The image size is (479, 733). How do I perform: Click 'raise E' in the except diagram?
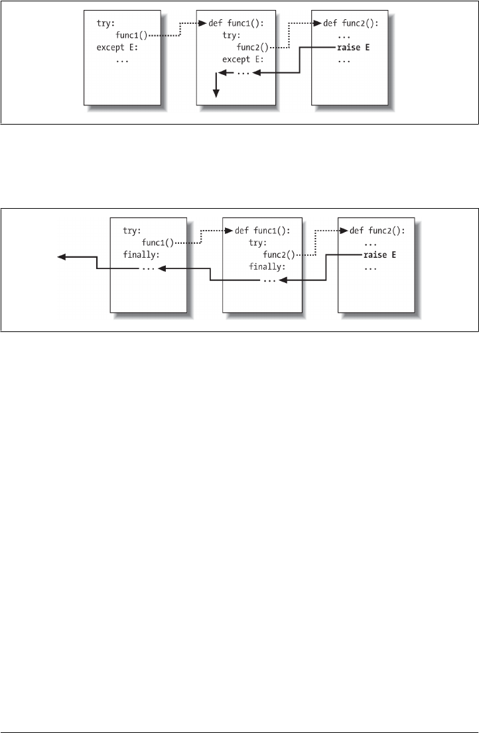click(x=354, y=47)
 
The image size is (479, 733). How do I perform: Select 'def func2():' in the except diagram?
click(x=350, y=23)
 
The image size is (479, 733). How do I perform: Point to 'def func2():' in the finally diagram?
click(x=377, y=231)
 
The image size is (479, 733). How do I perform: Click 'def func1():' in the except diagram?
click(x=236, y=23)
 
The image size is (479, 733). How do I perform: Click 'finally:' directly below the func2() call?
click(x=267, y=267)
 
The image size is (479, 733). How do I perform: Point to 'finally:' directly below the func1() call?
click(x=141, y=255)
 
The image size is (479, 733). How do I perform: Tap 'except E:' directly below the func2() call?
click(x=243, y=59)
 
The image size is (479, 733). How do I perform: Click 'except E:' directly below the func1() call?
click(x=115, y=47)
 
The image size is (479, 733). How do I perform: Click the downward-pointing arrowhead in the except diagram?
click(x=215, y=95)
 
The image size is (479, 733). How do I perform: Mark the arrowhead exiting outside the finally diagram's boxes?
click(x=60, y=256)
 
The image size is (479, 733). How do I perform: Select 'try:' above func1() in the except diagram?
click(x=106, y=23)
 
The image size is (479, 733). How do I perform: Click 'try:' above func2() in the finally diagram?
click(x=257, y=243)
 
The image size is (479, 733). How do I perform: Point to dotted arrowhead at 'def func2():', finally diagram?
click(x=344, y=231)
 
